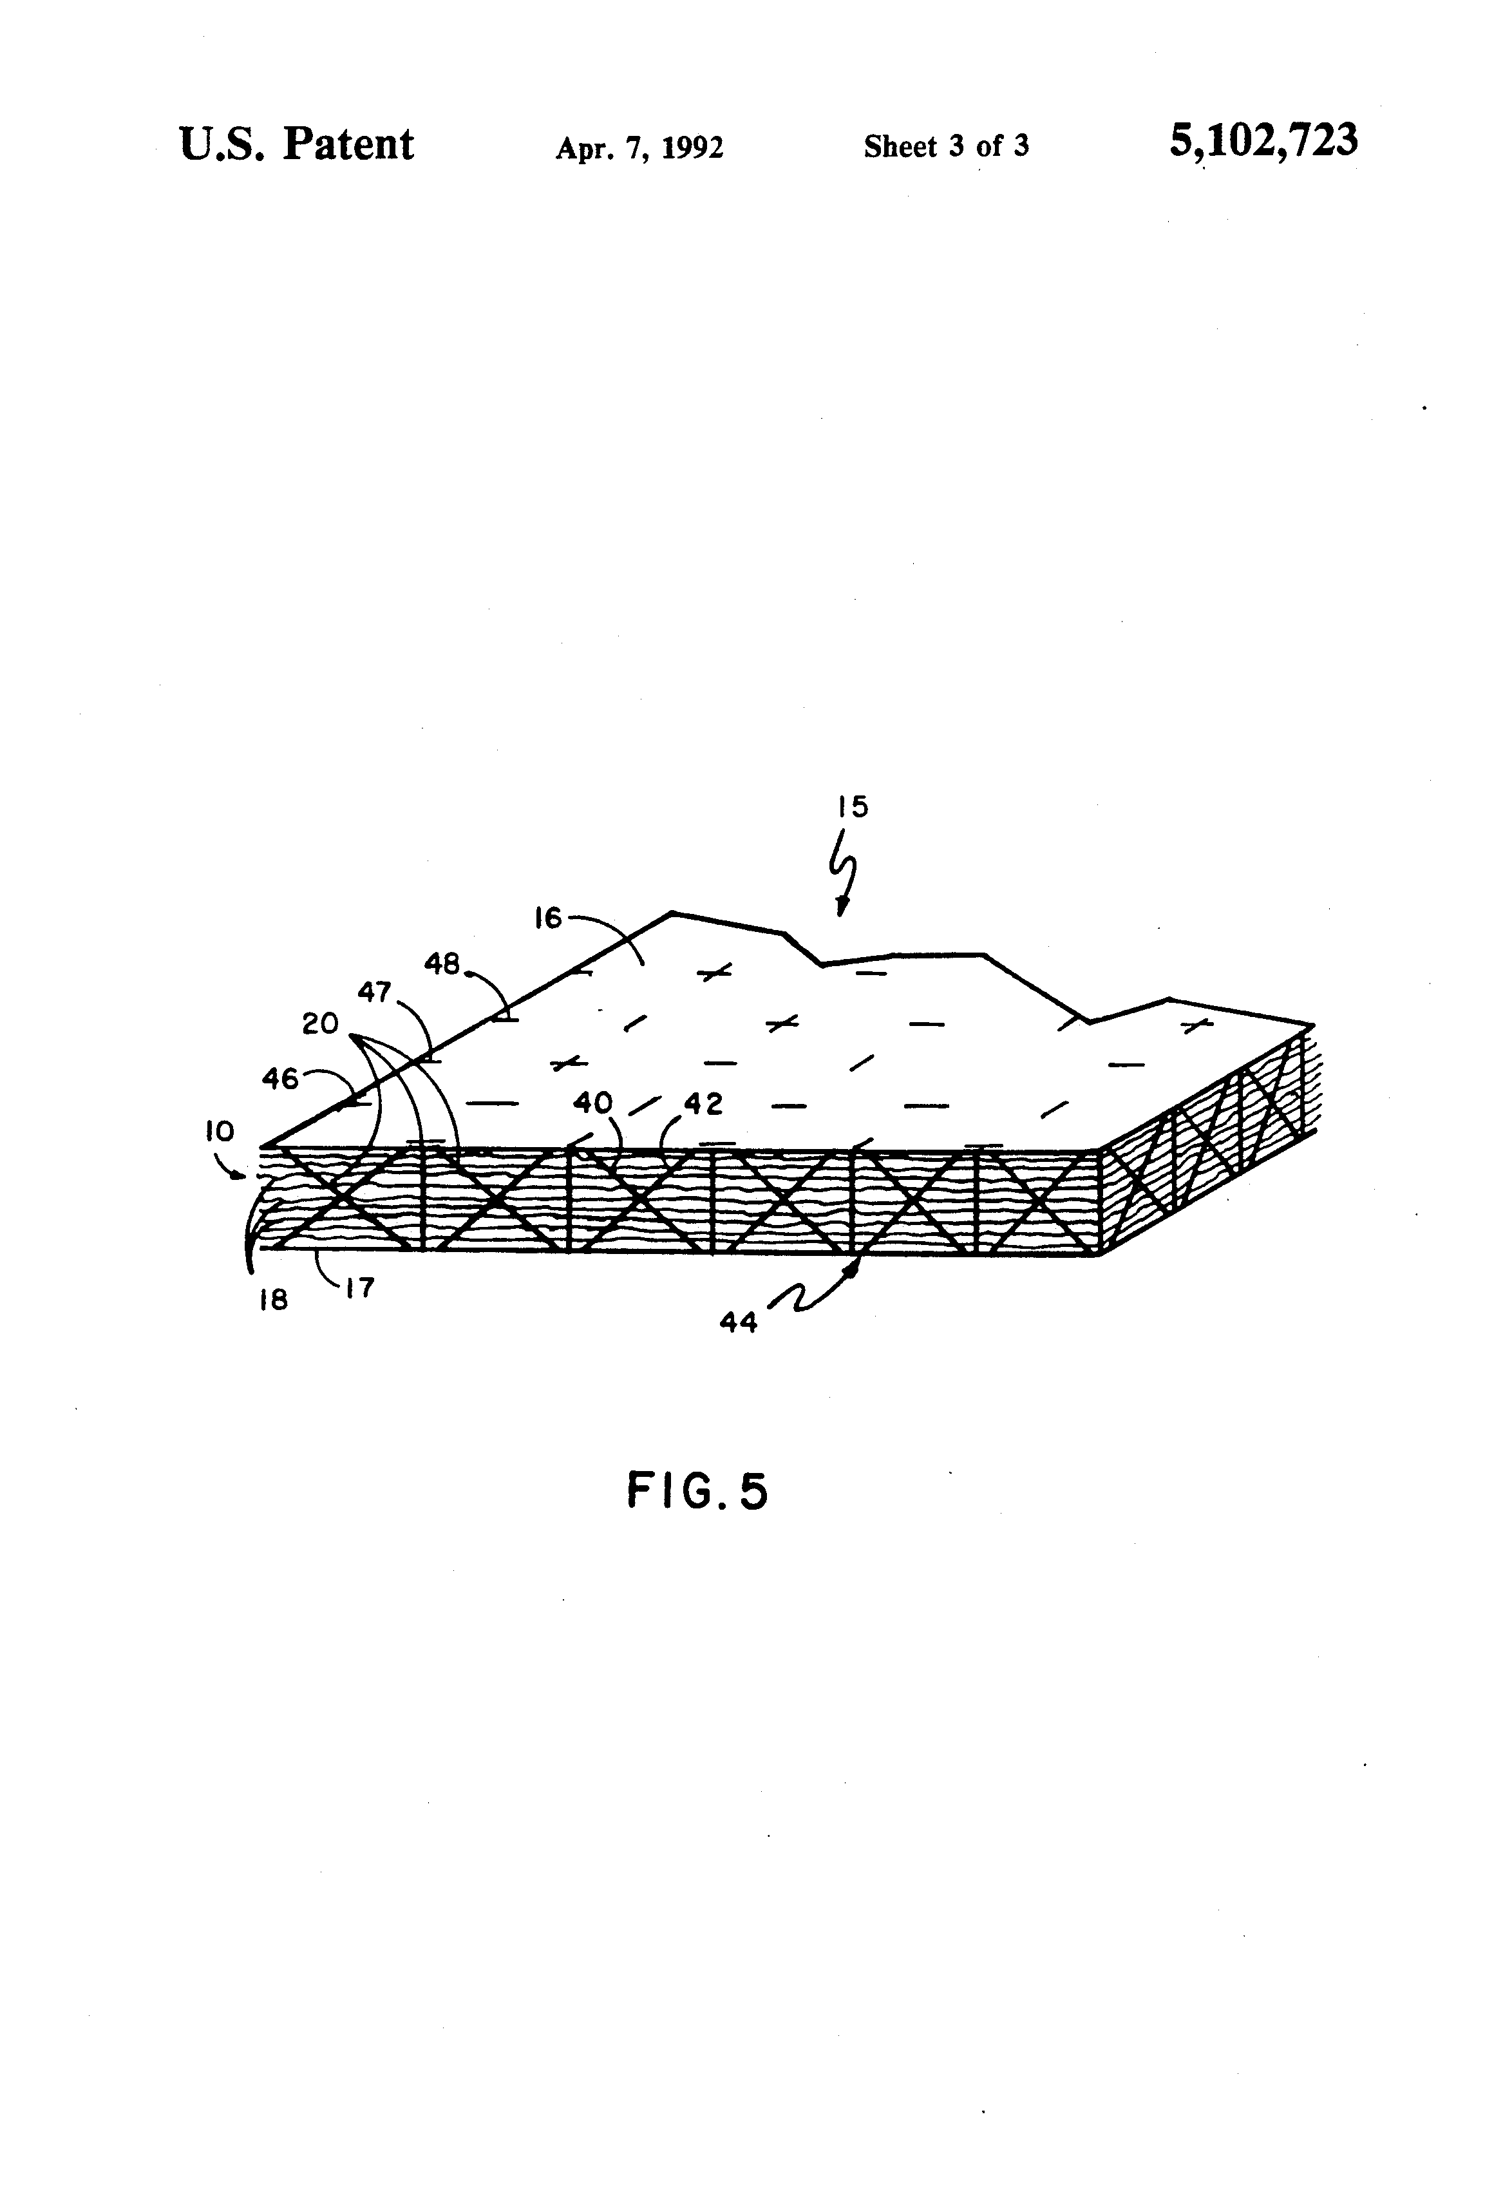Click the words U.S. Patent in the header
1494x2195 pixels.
[x=296, y=144]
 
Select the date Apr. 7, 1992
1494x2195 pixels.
[x=639, y=147]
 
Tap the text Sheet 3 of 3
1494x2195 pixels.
[x=945, y=146]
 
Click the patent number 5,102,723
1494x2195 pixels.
[x=1263, y=140]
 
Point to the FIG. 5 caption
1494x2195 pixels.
[x=697, y=1492]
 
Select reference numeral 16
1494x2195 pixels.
[x=548, y=917]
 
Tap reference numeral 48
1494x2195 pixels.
[x=441, y=964]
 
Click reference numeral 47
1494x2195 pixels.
[x=374, y=992]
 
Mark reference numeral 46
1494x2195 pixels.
[x=281, y=1078]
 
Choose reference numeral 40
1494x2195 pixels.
[x=592, y=1102]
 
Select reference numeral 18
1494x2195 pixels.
[x=273, y=1300]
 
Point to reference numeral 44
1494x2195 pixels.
[x=739, y=1323]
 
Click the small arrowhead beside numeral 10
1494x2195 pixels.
[x=247, y=1176]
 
